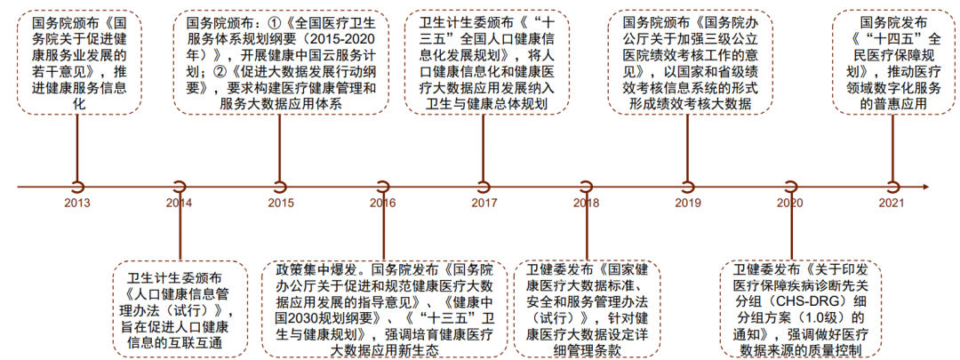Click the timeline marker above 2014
(x=180, y=187)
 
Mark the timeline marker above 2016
(x=383, y=187)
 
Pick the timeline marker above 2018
(x=587, y=187)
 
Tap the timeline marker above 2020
(x=790, y=187)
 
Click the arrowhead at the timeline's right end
(x=926, y=187)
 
